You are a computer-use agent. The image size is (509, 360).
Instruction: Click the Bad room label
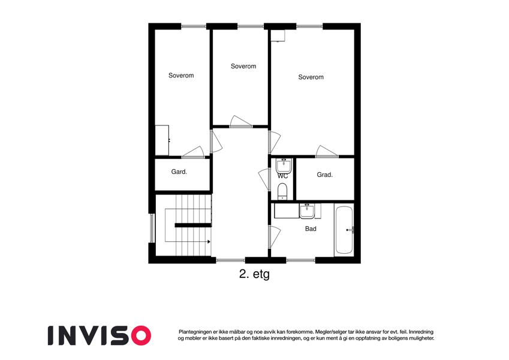311,229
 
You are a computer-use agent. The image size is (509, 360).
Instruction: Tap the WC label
282,176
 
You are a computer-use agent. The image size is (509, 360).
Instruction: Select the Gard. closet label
179,172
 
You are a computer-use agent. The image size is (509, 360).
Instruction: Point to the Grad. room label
324,175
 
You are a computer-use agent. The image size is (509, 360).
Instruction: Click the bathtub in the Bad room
344,230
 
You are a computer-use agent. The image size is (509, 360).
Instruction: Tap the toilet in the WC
282,191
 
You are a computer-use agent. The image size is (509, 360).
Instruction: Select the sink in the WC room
284,166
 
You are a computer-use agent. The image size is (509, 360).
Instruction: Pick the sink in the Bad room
306,211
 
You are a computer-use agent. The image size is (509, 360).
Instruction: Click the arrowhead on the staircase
209,242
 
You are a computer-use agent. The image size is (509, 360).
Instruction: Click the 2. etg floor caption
254,274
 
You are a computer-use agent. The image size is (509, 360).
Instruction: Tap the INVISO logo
100,335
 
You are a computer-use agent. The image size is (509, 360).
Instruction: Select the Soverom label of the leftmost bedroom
181,76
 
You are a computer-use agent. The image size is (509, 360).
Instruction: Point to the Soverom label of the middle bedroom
243,66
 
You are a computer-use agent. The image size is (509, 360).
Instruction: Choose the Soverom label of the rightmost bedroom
311,77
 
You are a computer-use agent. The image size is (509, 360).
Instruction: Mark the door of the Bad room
275,236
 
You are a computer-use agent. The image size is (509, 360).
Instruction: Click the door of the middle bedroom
241,121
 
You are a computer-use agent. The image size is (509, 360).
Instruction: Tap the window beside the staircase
152,228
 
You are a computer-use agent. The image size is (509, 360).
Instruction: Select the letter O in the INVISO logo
141,335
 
